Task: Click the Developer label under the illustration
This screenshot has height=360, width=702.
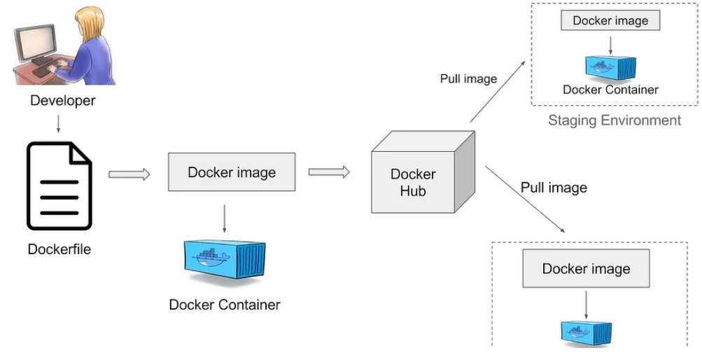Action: (x=62, y=101)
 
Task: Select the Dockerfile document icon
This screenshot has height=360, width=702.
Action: (x=59, y=186)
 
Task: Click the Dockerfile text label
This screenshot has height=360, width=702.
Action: (x=59, y=249)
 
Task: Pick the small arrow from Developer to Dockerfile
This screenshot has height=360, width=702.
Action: (x=58, y=123)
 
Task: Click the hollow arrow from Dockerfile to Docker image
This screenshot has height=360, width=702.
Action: (x=129, y=174)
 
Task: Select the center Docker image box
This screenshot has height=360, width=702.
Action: (x=232, y=172)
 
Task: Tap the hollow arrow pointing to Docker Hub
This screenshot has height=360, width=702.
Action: (x=329, y=172)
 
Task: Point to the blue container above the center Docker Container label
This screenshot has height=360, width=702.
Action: (x=224, y=262)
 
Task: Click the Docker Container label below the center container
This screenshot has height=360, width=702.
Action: (x=224, y=305)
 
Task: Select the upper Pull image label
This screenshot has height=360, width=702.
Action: (x=468, y=78)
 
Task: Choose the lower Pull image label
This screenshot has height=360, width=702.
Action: (x=554, y=188)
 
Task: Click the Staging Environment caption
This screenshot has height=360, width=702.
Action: (x=614, y=120)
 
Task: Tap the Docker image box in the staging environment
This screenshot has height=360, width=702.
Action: (x=610, y=20)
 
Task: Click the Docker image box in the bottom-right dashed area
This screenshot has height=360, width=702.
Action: (x=586, y=269)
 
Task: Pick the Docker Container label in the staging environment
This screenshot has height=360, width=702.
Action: (x=610, y=90)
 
